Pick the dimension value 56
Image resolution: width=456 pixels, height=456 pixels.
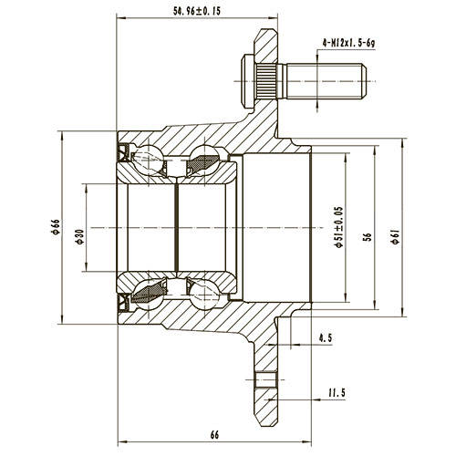coord(367,235)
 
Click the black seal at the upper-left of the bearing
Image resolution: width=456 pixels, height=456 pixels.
coord(122,150)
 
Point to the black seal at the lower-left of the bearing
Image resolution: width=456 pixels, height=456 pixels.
coord(122,302)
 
